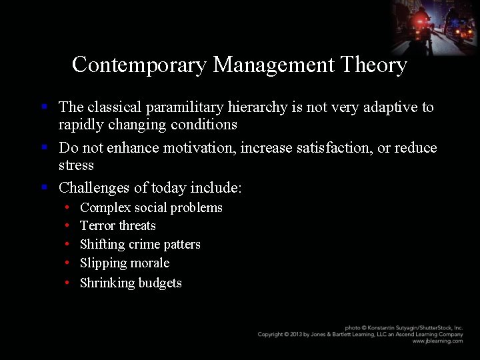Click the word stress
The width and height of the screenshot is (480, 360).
(76, 165)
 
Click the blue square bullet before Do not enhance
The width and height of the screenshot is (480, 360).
(44, 146)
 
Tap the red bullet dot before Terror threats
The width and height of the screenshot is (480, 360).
(69, 227)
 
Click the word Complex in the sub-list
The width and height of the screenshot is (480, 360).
(105, 208)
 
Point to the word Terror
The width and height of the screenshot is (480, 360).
(97, 226)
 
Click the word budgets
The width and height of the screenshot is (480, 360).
(160, 283)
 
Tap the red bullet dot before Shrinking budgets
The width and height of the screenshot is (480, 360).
(69, 283)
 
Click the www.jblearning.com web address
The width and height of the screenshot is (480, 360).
(437, 341)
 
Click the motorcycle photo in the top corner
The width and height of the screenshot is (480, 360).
(435, 27)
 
